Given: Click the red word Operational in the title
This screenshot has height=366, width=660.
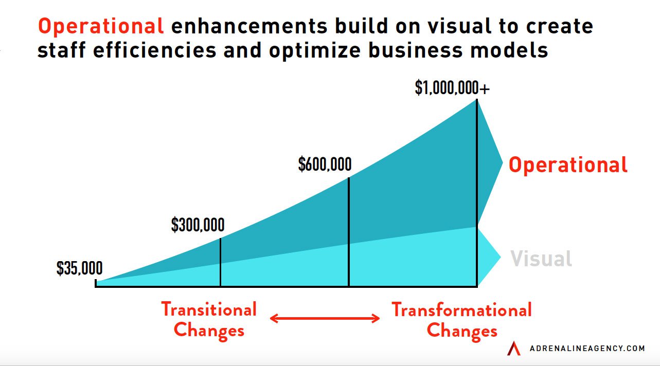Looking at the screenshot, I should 101,26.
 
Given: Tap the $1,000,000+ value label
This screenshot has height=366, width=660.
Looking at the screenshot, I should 452,88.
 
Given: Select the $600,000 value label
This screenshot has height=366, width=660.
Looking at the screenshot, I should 325,164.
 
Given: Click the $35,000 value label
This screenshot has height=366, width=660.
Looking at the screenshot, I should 79,268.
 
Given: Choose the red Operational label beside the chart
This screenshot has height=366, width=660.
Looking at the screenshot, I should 568,165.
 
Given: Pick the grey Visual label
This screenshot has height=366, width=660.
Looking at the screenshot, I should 541,258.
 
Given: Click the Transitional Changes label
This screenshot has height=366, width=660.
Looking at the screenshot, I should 209,320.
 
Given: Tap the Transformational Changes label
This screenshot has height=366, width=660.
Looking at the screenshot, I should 461,320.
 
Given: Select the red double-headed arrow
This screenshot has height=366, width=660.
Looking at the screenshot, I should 325,319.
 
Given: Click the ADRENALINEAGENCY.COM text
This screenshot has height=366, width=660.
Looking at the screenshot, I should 587,349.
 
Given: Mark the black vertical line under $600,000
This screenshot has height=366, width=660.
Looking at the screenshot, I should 349,231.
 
